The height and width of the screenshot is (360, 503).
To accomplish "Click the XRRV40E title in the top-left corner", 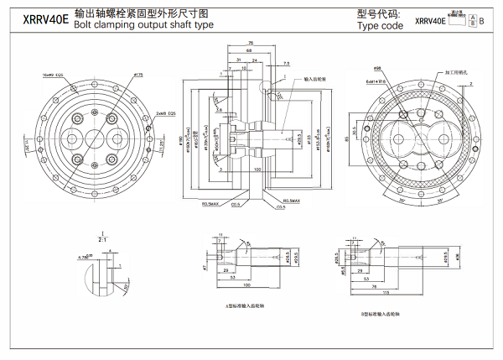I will (34, 19).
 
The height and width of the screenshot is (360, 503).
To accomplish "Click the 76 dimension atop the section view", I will (251, 43).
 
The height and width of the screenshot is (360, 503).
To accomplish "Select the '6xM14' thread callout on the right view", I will (375, 82).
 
